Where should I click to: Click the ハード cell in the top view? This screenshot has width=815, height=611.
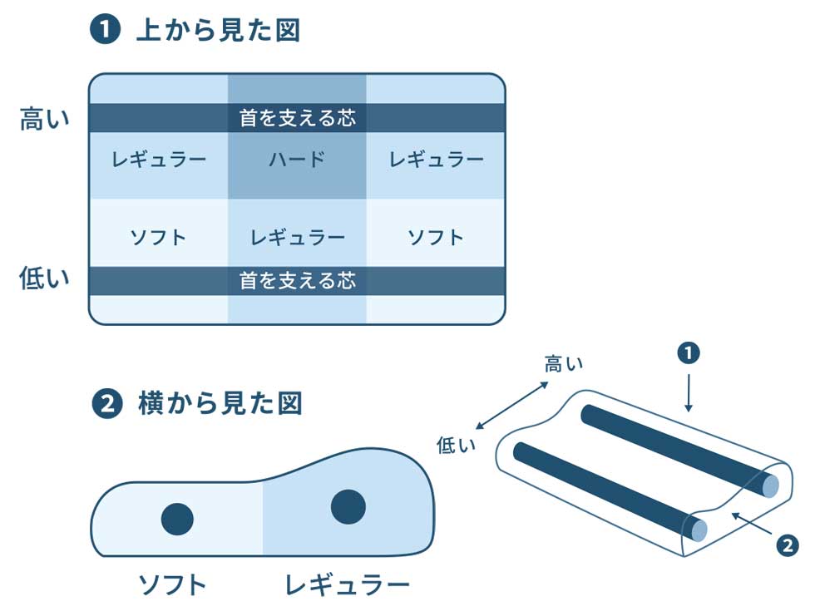[297, 160]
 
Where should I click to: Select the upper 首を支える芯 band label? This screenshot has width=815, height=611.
[297, 118]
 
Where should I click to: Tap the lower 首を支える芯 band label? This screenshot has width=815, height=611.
[297, 281]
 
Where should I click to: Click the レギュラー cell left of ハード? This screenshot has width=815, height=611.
[159, 160]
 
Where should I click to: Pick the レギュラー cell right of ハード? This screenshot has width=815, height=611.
[436, 160]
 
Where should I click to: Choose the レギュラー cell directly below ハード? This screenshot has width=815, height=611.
[297, 238]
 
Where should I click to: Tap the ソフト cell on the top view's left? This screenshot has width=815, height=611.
[159, 238]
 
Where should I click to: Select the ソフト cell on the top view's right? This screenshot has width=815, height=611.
[436, 238]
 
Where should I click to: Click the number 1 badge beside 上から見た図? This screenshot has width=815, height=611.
[106, 32]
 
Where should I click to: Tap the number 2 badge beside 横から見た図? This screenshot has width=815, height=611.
[106, 405]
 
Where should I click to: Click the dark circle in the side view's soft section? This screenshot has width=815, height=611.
[177, 519]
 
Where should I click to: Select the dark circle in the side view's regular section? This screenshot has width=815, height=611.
[348, 506]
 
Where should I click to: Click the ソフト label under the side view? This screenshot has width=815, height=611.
[171, 584]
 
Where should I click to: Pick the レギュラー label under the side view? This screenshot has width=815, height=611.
[347, 584]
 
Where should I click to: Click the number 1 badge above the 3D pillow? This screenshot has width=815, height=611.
[688, 353]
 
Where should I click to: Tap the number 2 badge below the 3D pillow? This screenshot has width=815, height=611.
[787, 545]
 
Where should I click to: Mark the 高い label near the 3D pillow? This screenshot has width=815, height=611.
[563, 363]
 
